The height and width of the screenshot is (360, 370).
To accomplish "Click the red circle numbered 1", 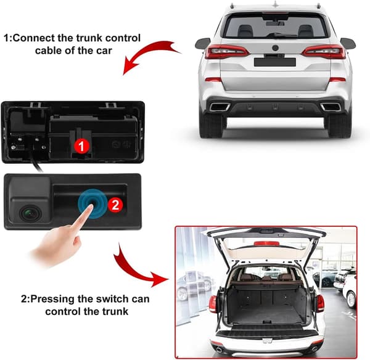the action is [81, 145].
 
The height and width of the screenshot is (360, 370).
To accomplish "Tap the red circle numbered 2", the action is [115, 204].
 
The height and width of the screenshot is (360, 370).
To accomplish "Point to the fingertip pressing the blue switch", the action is [90, 206].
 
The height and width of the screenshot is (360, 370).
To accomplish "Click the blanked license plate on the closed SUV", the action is [275, 62].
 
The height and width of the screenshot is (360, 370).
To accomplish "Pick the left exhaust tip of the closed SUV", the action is [220, 107].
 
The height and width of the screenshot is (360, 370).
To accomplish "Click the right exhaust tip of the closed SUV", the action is [331, 107].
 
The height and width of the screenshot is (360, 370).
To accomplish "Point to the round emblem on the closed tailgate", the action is [275, 48].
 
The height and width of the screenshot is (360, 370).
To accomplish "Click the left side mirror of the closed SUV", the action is [202, 43].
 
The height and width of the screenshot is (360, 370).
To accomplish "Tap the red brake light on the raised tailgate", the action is [266, 243].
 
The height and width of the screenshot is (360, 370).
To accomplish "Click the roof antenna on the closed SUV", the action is [275, 4].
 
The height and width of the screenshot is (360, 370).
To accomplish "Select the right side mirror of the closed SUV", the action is [348, 43].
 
